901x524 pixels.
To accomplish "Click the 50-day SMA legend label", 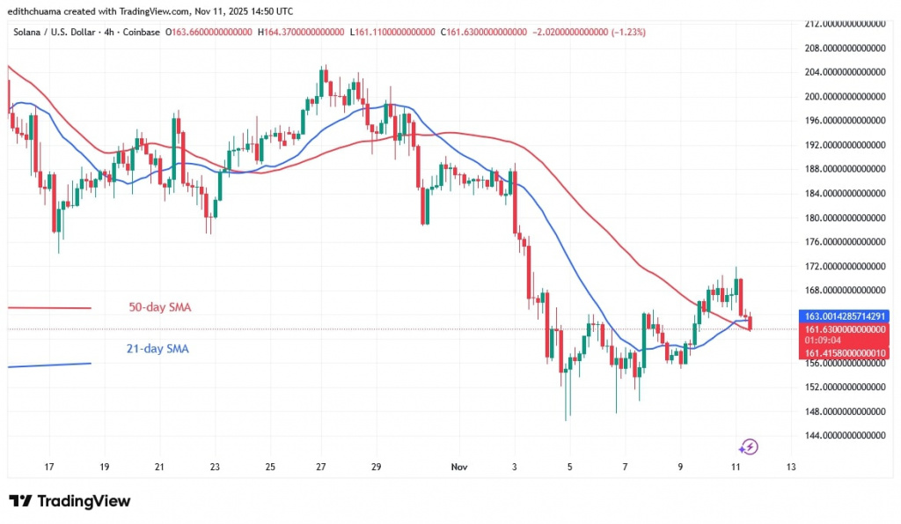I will click(160, 307).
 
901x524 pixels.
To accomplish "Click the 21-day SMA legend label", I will click(157, 349).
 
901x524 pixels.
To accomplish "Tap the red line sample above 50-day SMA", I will click(49, 307).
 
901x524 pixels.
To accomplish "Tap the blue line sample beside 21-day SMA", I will click(49, 364).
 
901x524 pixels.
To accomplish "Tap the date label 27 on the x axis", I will click(321, 467).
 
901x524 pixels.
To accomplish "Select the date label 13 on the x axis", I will click(791, 467).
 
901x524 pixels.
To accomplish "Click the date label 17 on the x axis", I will click(50, 467).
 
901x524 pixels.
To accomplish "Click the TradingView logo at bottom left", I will click(70, 501).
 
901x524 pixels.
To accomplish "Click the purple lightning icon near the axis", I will click(749, 447).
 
